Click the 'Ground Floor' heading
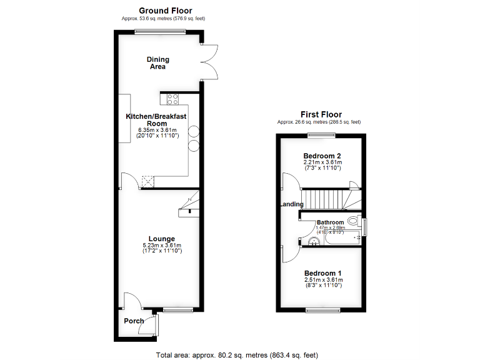(165, 10)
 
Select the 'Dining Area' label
(158, 63)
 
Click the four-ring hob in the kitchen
(172, 98)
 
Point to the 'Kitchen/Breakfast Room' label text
(156, 120)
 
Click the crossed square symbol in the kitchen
(148, 181)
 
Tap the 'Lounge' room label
(162, 238)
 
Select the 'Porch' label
(134, 321)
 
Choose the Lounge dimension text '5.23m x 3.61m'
(162, 246)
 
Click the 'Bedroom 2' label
(322, 155)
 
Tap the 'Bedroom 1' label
(322, 273)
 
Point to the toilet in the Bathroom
(353, 221)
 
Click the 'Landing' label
(291, 204)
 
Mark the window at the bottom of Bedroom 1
(322, 310)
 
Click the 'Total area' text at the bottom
(237, 354)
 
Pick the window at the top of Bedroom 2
(322, 134)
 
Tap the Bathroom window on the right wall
(365, 226)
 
